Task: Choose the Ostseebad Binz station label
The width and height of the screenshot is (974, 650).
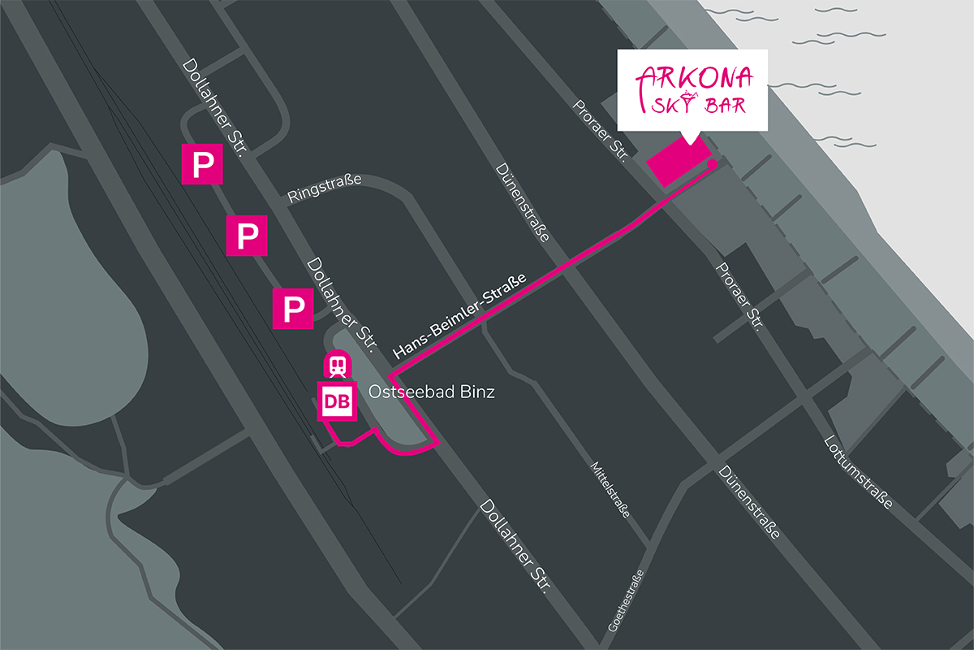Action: pyautogui.click(x=431, y=392)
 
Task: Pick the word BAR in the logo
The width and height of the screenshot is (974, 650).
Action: pyautogui.click(x=724, y=105)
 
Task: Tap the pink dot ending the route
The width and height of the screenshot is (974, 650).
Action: pyautogui.click(x=712, y=164)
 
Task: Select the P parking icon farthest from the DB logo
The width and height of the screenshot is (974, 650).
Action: pyautogui.click(x=201, y=165)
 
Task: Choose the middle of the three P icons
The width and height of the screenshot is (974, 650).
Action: pyautogui.click(x=247, y=236)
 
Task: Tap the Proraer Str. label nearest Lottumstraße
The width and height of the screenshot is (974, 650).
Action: pyautogui.click(x=739, y=297)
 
